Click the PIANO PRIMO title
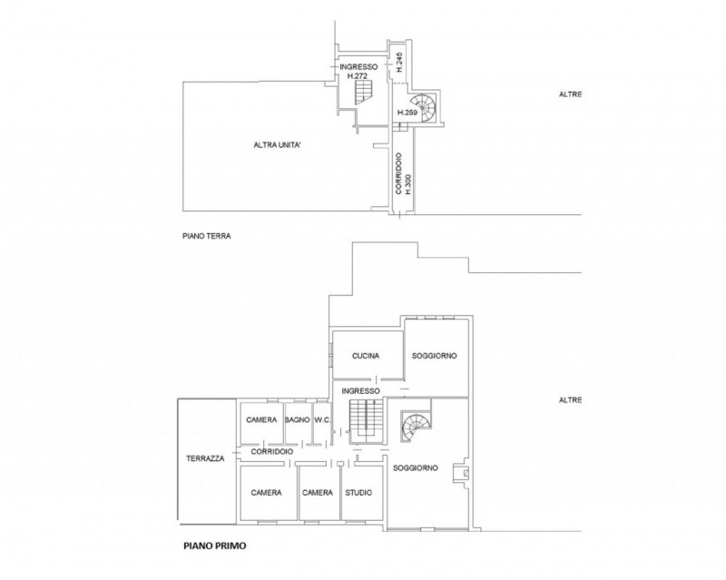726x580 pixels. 215,546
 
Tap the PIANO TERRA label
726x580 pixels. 207,236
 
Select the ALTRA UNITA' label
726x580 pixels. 278,145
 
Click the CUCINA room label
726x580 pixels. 366,356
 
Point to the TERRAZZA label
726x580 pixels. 205,458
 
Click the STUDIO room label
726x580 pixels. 358,493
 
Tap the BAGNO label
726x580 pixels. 298,419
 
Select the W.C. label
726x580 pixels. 322,419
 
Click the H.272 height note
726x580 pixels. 358,75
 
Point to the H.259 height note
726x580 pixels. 407,113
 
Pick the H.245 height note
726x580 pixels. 400,62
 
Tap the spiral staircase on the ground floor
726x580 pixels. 424,107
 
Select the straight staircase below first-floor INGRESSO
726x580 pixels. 367,419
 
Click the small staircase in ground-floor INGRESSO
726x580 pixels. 364,92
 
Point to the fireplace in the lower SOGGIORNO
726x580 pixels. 465,473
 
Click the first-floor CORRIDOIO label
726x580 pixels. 272,451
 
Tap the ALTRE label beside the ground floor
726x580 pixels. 571,94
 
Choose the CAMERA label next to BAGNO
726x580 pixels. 261,419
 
